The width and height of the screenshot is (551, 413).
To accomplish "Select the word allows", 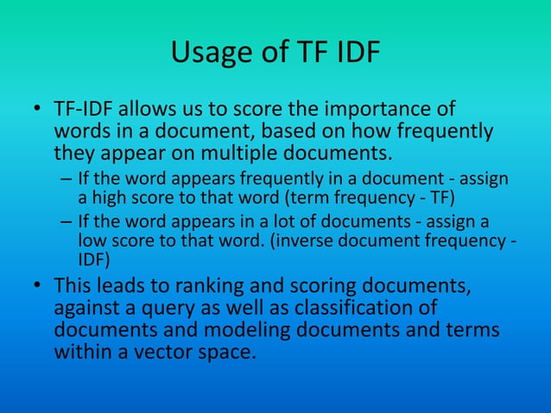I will (149, 111).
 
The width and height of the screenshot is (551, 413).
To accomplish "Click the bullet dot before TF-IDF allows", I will (38, 111).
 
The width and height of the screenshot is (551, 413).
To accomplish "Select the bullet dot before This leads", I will (38, 286).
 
